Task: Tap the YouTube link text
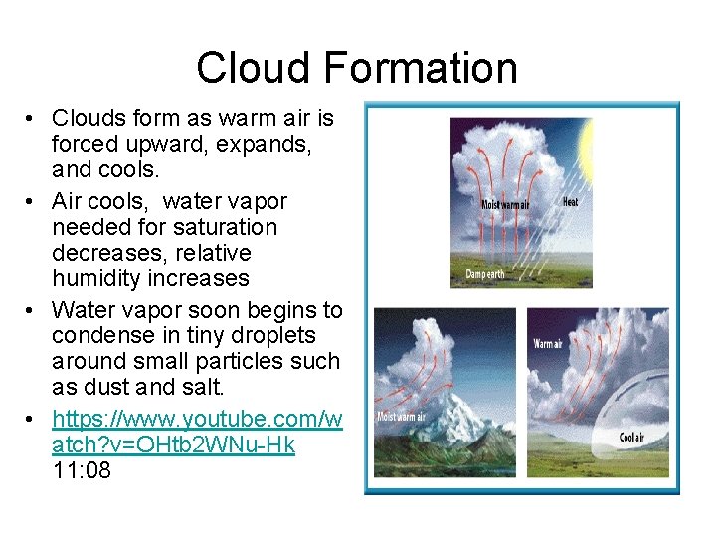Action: [x=197, y=432]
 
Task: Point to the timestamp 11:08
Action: [x=82, y=470]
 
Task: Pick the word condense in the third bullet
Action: [x=98, y=336]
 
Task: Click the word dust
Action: [x=122, y=388]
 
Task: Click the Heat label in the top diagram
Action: [x=571, y=202]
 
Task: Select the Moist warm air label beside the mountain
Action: [x=401, y=416]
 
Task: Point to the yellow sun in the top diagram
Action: [x=587, y=149]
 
